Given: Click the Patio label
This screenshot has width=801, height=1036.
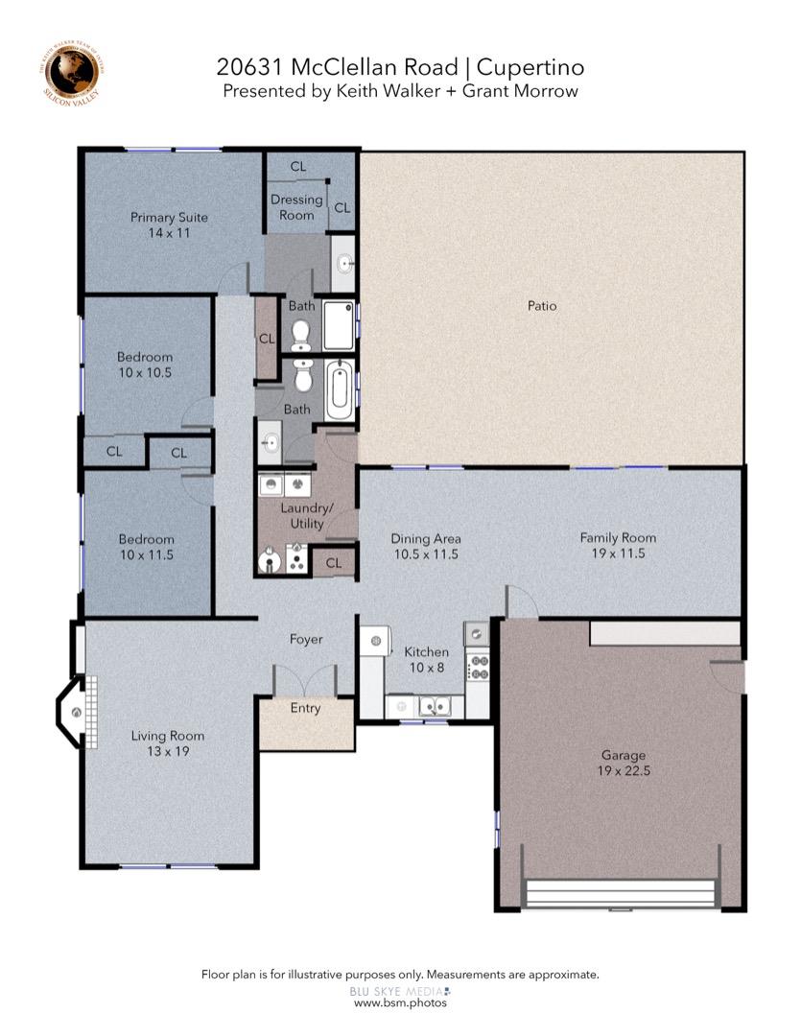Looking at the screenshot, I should pyautogui.click(x=541, y=306).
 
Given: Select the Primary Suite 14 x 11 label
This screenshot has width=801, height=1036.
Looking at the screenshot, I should pyautogui.click(x=169, y=224).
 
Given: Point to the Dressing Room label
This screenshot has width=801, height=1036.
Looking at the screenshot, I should pyautogui.click(x=296, y=207).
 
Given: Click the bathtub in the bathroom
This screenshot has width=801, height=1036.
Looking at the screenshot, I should pyautogui.click(x=340, y=391).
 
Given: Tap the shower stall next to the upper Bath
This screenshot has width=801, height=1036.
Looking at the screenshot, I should pyautogui.click(x=338, y=326).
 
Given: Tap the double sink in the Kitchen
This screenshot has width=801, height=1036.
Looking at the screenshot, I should pyautogui.click(x=433, y=708).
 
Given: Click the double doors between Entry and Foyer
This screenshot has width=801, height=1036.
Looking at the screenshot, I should pyautogui.click(x=305, y=680).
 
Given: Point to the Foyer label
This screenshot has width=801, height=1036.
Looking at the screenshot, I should pyautogui.click(x=306, y=639).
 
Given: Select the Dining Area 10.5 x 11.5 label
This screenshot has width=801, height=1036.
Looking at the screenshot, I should pyautogui.click(x=425, y=546).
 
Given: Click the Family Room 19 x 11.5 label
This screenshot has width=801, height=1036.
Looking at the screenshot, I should pyautogui.click(x=618, y=545).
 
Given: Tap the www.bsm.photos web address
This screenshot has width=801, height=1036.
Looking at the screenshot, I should pyautogui.click(x=400, y=1002).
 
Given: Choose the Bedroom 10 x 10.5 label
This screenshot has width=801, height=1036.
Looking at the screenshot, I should pyautogui.click(x=145, y=365).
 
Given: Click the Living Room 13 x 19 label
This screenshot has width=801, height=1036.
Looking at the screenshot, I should pyautogui.click(x=168, y=743).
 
